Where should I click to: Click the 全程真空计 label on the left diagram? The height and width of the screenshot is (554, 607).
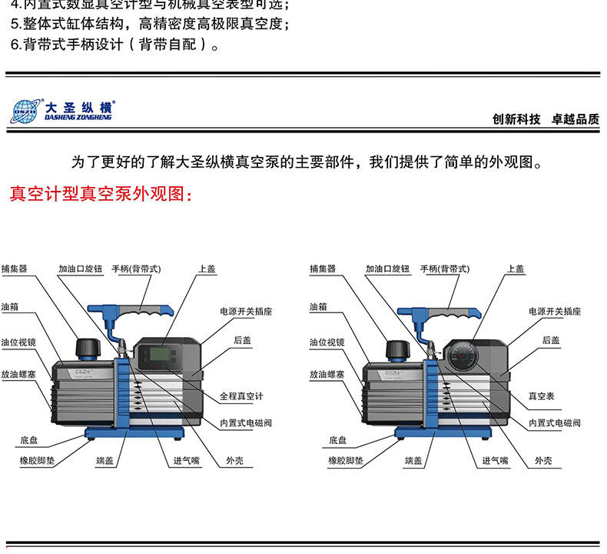(241, 396)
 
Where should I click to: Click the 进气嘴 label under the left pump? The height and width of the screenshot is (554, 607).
(186, 460)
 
